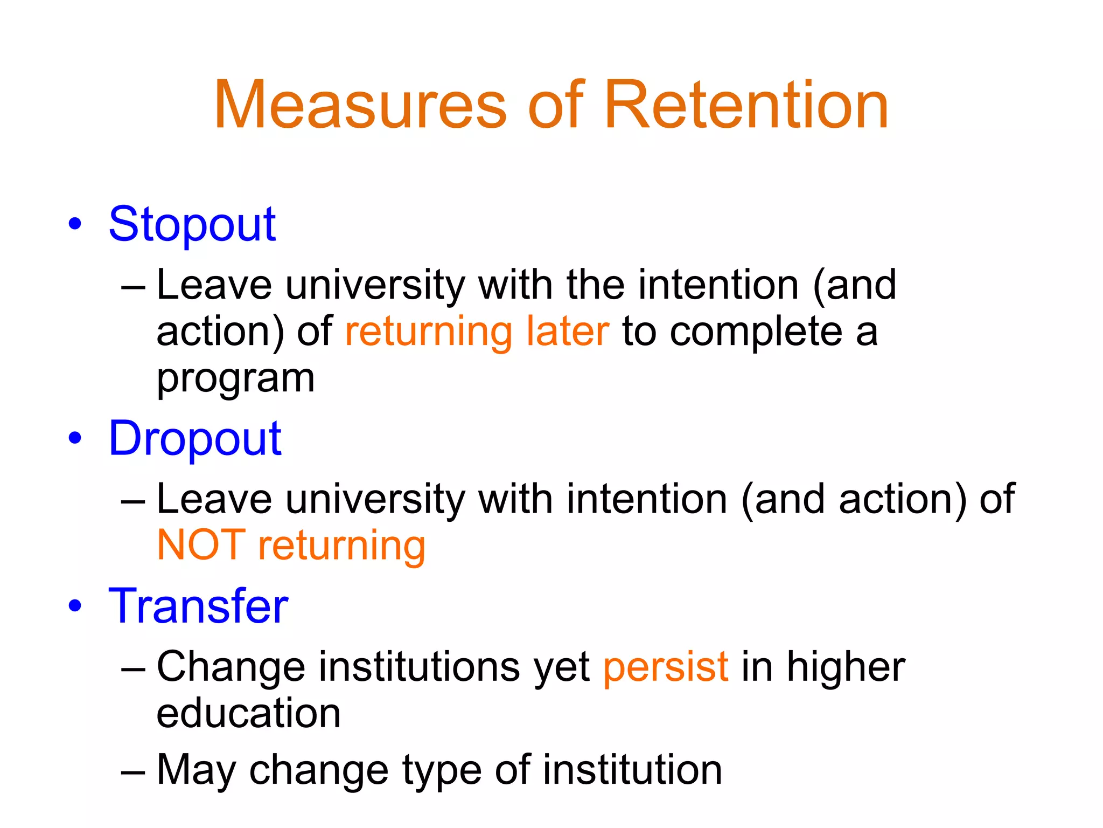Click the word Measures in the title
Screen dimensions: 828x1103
point(360,105)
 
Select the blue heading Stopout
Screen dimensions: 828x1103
point(192,224)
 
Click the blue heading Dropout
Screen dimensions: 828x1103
point(195,439)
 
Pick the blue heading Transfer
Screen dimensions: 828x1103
point(198,606)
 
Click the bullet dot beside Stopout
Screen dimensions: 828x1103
point(75,224)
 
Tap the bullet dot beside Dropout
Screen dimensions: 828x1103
point(75,438)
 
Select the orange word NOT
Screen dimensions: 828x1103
point(201,545)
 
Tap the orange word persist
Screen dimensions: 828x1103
point(666,667)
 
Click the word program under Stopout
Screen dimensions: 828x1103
point(235,379)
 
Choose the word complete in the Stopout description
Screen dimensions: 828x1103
point(756,332)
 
